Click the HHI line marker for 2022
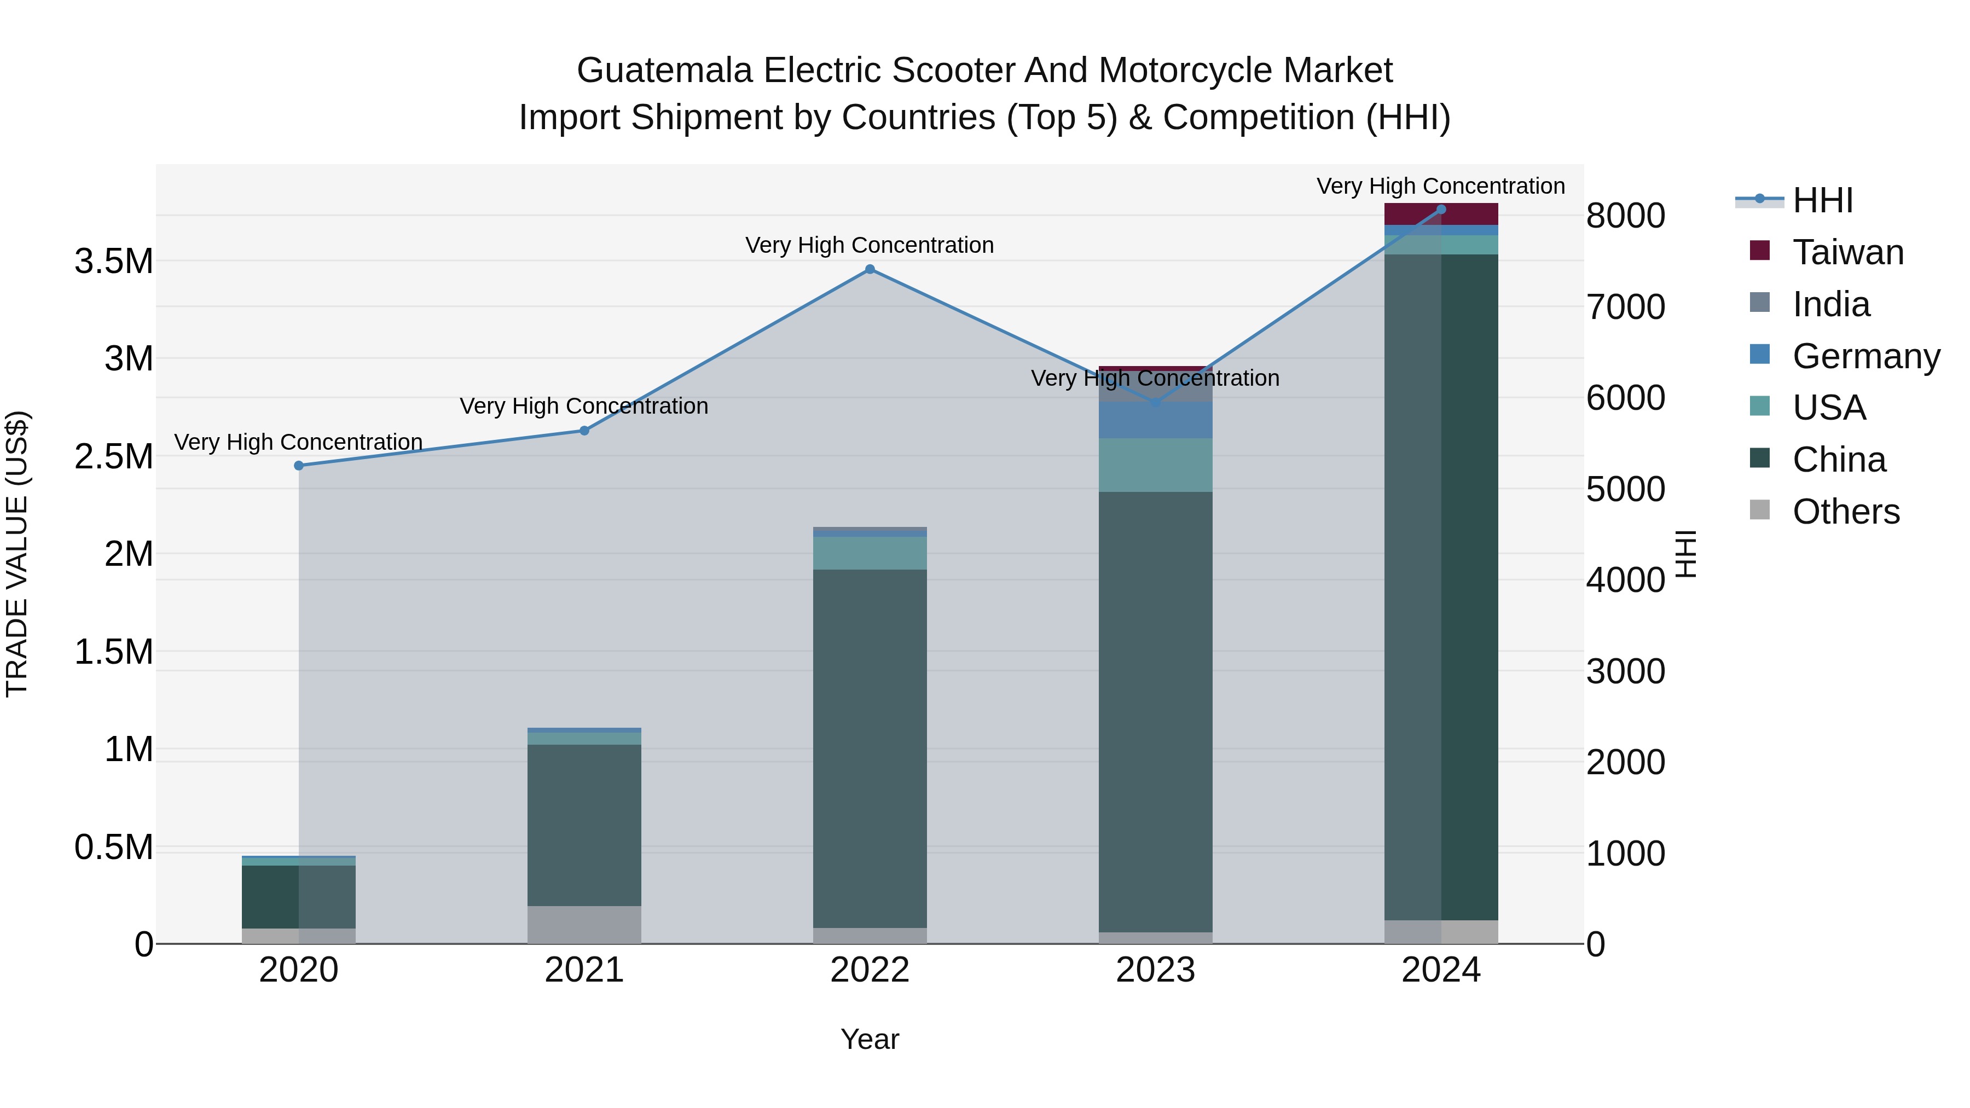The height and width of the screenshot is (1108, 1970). click(x=870, y=269)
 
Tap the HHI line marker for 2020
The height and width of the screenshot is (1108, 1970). click(x=299, y=466)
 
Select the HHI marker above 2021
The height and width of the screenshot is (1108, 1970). click(x=584, y=431)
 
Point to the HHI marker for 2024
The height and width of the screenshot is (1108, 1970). click(x=1441, y=209)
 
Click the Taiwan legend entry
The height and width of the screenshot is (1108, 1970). click(x=1847, y=252)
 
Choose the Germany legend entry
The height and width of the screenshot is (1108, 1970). click(x=1865, y=356)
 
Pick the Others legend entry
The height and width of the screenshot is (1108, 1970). click(x=1845, y=512)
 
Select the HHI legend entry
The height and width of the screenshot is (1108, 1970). click(x=1822, y=200)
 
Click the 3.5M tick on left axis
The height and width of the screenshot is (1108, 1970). click(x=113, y=262)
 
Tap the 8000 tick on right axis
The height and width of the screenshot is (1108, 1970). click(x=1625, y=216)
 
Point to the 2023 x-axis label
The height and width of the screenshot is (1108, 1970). click(x=1155, y=970)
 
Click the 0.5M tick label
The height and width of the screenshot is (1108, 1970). click(x=113, y=847)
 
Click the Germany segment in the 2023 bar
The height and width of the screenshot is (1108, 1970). click(x=1155, y=420)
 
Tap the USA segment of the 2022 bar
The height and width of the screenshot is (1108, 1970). click(x=870, y=553)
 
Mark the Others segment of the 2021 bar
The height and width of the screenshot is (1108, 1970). click(x=584, y=925)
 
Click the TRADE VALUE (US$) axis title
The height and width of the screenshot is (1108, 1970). click(x=17, y=554)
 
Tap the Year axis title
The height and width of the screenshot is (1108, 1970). click(x=870, y=1039)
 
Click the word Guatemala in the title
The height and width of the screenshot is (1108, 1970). click(x=664, y=71)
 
